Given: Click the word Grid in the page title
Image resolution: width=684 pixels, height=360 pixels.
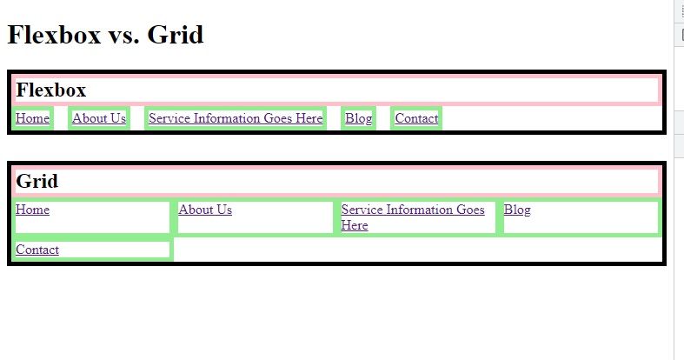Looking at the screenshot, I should click(175, 35).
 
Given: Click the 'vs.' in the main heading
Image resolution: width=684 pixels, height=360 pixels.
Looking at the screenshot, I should click(123, 35).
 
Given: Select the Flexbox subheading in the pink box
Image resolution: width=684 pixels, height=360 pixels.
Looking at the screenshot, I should click(51, 90).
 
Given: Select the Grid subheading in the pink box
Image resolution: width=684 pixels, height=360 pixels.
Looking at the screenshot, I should click(37, 181).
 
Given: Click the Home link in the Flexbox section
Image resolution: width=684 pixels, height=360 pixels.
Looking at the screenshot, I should click(32, 118).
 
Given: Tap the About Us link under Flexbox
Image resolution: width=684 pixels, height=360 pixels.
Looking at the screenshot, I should click(99, 118).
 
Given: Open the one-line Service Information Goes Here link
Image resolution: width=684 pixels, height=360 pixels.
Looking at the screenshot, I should click(236, 118).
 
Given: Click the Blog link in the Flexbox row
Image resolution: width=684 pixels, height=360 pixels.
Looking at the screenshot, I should click(358, 118).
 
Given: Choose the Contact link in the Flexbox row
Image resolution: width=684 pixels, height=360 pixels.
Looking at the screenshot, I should click(416, 118).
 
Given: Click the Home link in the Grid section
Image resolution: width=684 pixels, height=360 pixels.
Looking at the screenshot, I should click(32, 210).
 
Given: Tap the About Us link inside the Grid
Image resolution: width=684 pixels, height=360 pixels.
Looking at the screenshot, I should click(205, 210).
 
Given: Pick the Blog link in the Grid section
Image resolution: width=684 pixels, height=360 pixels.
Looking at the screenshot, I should click(517, 210).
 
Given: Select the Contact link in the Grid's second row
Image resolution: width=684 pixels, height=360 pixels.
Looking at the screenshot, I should click(37, 250).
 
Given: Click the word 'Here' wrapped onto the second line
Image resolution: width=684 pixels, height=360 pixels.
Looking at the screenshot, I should click(355, 225).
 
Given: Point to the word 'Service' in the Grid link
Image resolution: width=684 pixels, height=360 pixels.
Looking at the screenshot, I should click(362, 210).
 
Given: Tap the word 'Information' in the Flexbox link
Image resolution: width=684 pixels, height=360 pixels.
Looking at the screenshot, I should click(226, 118).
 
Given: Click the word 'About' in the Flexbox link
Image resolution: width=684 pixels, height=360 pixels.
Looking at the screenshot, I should click(89, 118).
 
